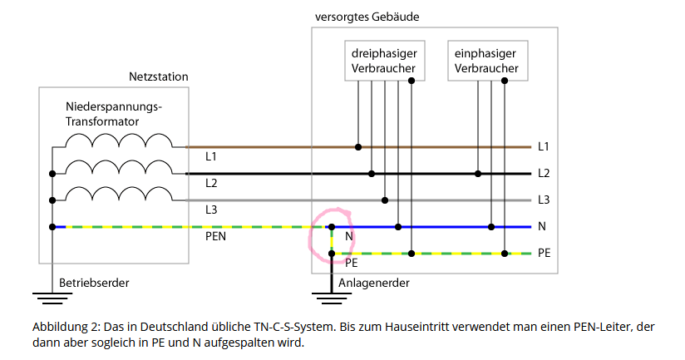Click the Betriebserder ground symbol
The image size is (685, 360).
(52, 298)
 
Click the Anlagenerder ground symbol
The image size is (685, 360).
(332, 298)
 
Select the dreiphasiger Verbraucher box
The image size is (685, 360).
(385, 61)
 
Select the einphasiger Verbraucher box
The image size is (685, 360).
(487, 61)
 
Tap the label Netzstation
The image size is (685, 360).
(159, 76)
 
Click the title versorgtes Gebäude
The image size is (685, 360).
(367, 17)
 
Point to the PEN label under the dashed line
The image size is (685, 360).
(216, 236)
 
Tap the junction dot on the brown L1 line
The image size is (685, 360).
(358, 147)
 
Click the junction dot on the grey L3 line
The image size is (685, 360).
(385, 200)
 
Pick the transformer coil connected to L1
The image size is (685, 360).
(119, 141)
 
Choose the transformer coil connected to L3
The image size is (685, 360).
(119, 194)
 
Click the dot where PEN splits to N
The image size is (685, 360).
(332, 227)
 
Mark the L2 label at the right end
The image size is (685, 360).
(544, 174)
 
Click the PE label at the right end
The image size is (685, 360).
(544, 253)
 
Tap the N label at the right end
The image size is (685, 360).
(542, 226)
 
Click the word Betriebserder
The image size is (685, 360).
(94, 284)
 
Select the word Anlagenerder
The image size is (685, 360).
(374, 284)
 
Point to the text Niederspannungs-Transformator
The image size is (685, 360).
(114, 114)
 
